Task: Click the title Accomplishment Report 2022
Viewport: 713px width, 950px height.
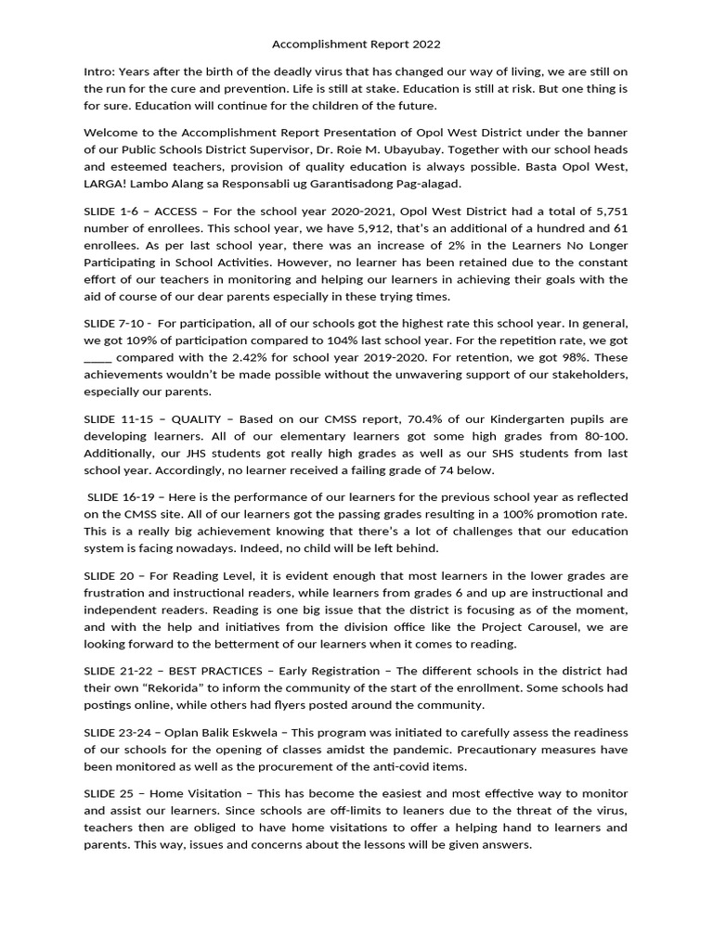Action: point(356,44)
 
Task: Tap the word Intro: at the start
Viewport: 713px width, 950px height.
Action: point(100,71)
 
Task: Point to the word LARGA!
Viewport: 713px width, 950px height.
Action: point(107,184)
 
